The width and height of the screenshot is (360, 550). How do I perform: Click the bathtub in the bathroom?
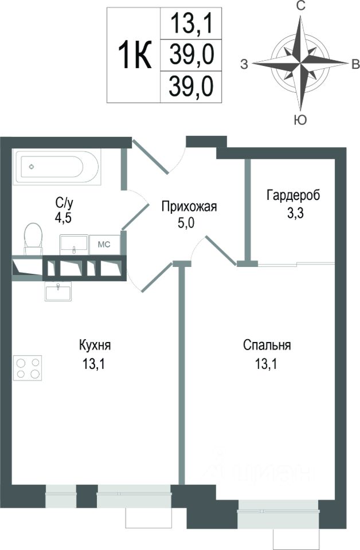point(56,167)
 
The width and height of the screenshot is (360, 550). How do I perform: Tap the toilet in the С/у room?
point(33,237)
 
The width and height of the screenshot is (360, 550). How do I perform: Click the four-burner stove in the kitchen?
point(28,367)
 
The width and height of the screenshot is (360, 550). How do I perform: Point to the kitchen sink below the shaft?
point(60,292)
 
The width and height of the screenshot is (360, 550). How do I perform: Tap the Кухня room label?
point(95,345)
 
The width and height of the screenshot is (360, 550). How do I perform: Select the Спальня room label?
point(267,345)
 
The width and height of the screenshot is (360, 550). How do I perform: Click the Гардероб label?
point(293,195)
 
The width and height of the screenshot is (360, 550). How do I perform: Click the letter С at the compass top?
point(299,7)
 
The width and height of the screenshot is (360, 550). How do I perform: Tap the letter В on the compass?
point(355,64)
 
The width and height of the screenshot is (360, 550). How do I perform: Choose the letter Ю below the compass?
point(299,120)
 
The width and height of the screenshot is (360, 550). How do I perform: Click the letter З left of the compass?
point(244,64)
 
